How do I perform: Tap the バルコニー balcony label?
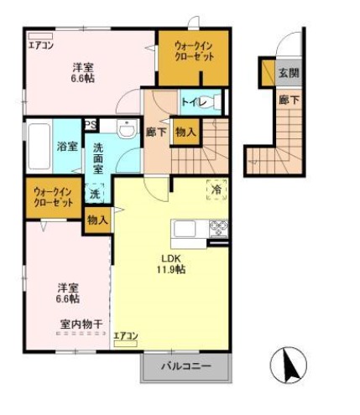tap(185, 366)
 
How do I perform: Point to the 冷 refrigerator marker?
tap(217, 190)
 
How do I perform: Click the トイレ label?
tap(194, 102)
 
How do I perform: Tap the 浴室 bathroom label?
tap(67, 147)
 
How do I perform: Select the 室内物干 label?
tap(81, 323)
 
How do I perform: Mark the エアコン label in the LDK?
tap(125, 336)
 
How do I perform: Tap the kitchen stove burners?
tap(218, 228)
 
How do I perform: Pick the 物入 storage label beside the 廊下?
tap(186, 131)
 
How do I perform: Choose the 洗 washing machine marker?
tap(95, 194)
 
